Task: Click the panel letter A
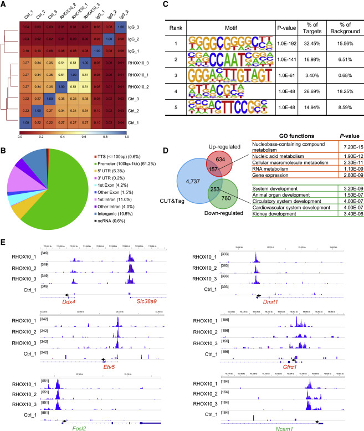(x=6, y=5)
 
